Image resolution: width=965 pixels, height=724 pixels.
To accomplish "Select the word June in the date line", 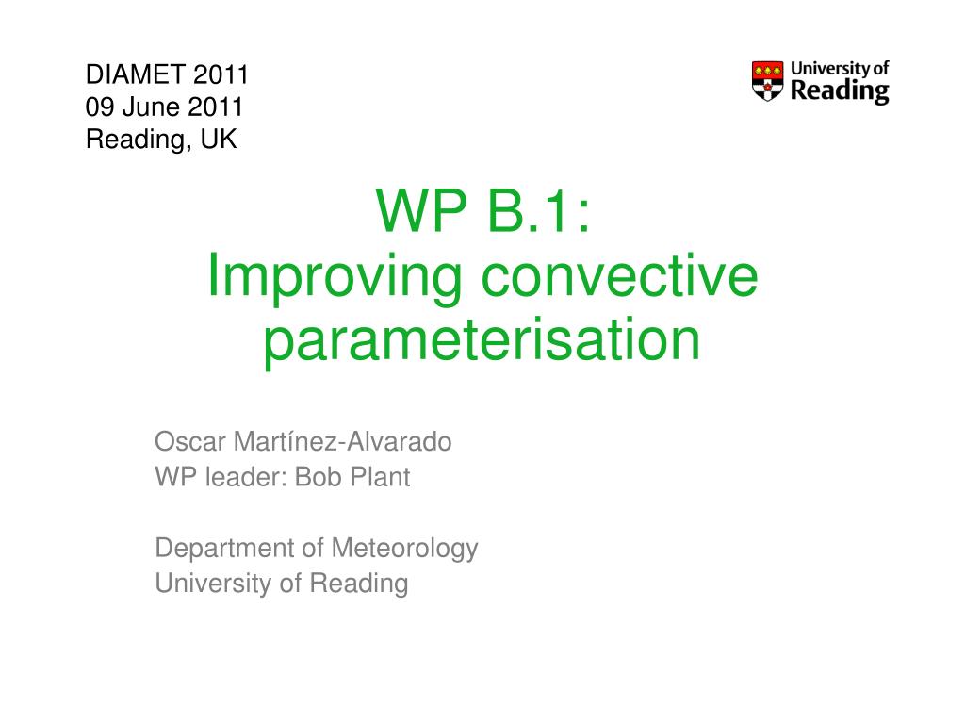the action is click(151, 107).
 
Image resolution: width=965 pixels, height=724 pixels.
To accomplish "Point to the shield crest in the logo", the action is click(767, 81).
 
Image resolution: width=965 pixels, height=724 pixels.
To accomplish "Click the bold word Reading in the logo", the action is click(840, 91).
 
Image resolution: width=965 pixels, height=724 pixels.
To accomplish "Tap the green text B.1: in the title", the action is click(538, 210).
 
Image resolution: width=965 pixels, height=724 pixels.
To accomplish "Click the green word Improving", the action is click(335, 278).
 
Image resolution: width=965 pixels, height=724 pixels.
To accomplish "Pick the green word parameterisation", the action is click(482, 341).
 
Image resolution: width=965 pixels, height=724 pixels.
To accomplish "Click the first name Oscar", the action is click(190, 441).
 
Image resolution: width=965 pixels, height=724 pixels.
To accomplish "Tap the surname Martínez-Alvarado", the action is click(342, 441).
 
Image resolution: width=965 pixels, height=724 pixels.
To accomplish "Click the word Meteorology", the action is click(404, 549).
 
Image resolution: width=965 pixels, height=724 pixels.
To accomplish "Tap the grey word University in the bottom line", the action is click(212, 584).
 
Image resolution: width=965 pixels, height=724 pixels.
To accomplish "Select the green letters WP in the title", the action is click(421, 210).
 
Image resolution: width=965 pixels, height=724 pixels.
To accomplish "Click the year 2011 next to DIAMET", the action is click(221, 74).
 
